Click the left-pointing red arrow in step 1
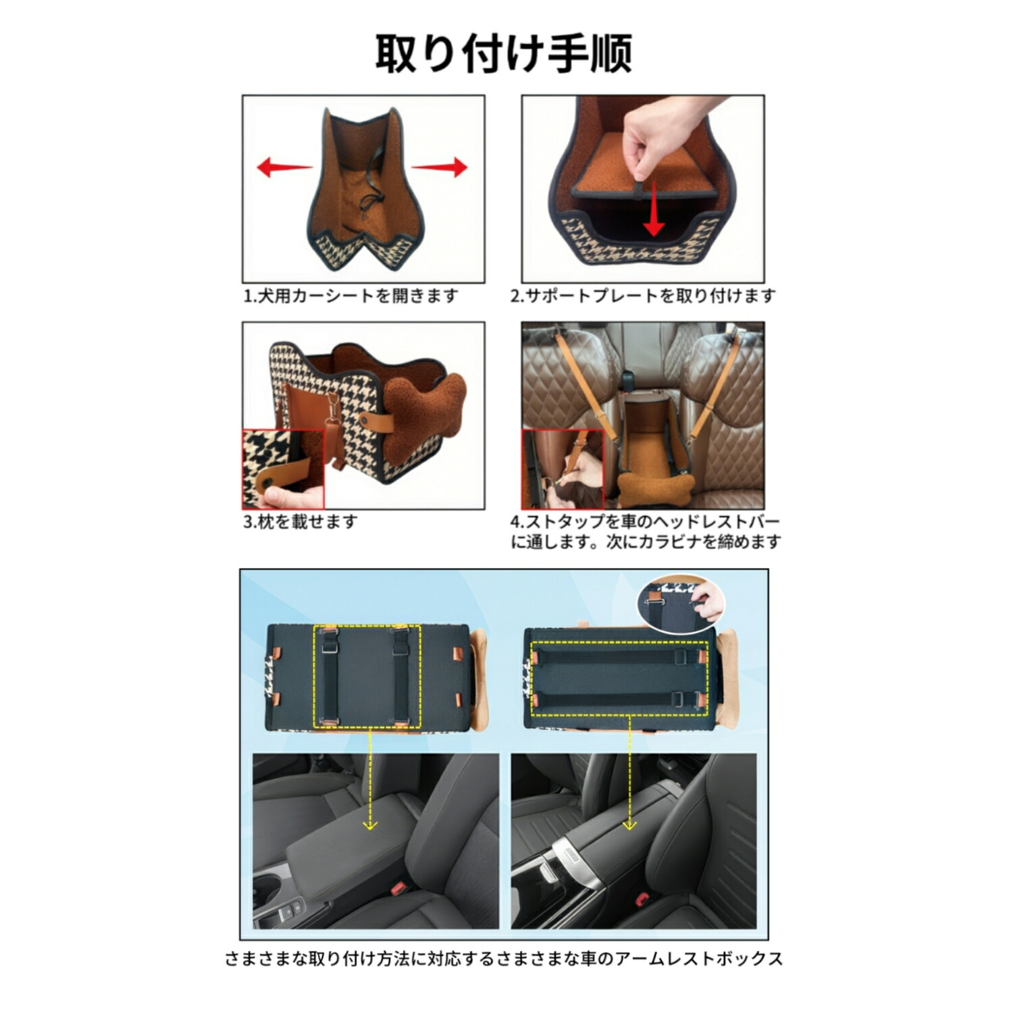point(284,167)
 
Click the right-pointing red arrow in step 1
point(440,167)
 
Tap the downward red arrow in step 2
point(653,209)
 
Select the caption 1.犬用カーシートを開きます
point(350,296)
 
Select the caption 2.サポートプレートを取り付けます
point(642,296)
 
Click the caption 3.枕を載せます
point(300,521)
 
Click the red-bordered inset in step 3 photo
point(284,469)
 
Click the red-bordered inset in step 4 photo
point(563,469)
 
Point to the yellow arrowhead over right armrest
point(629,825)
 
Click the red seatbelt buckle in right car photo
point(642,899)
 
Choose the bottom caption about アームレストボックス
point(504,959)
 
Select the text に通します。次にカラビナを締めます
point(646,542)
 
